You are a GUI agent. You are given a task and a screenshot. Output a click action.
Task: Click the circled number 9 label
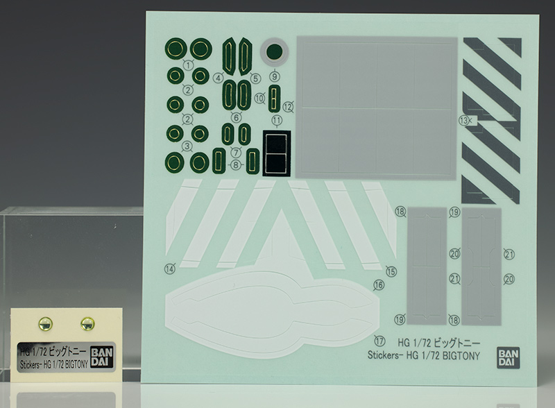click(275, 76)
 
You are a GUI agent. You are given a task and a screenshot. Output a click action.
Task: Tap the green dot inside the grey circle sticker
click(274, 52)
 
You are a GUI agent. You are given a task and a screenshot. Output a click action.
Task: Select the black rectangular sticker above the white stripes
click(276, 153)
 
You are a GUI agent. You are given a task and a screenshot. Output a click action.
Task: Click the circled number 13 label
click(463, 121)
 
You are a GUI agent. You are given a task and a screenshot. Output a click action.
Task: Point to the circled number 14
click(170, 269)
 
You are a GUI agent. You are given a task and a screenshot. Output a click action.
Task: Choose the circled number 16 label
click(379, 284)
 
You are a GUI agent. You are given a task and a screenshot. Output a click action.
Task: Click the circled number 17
click(379, 341)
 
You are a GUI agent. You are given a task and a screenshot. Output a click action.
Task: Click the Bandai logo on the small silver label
click(101, 357)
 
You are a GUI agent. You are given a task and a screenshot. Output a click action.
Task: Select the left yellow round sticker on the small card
click(45, 323)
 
